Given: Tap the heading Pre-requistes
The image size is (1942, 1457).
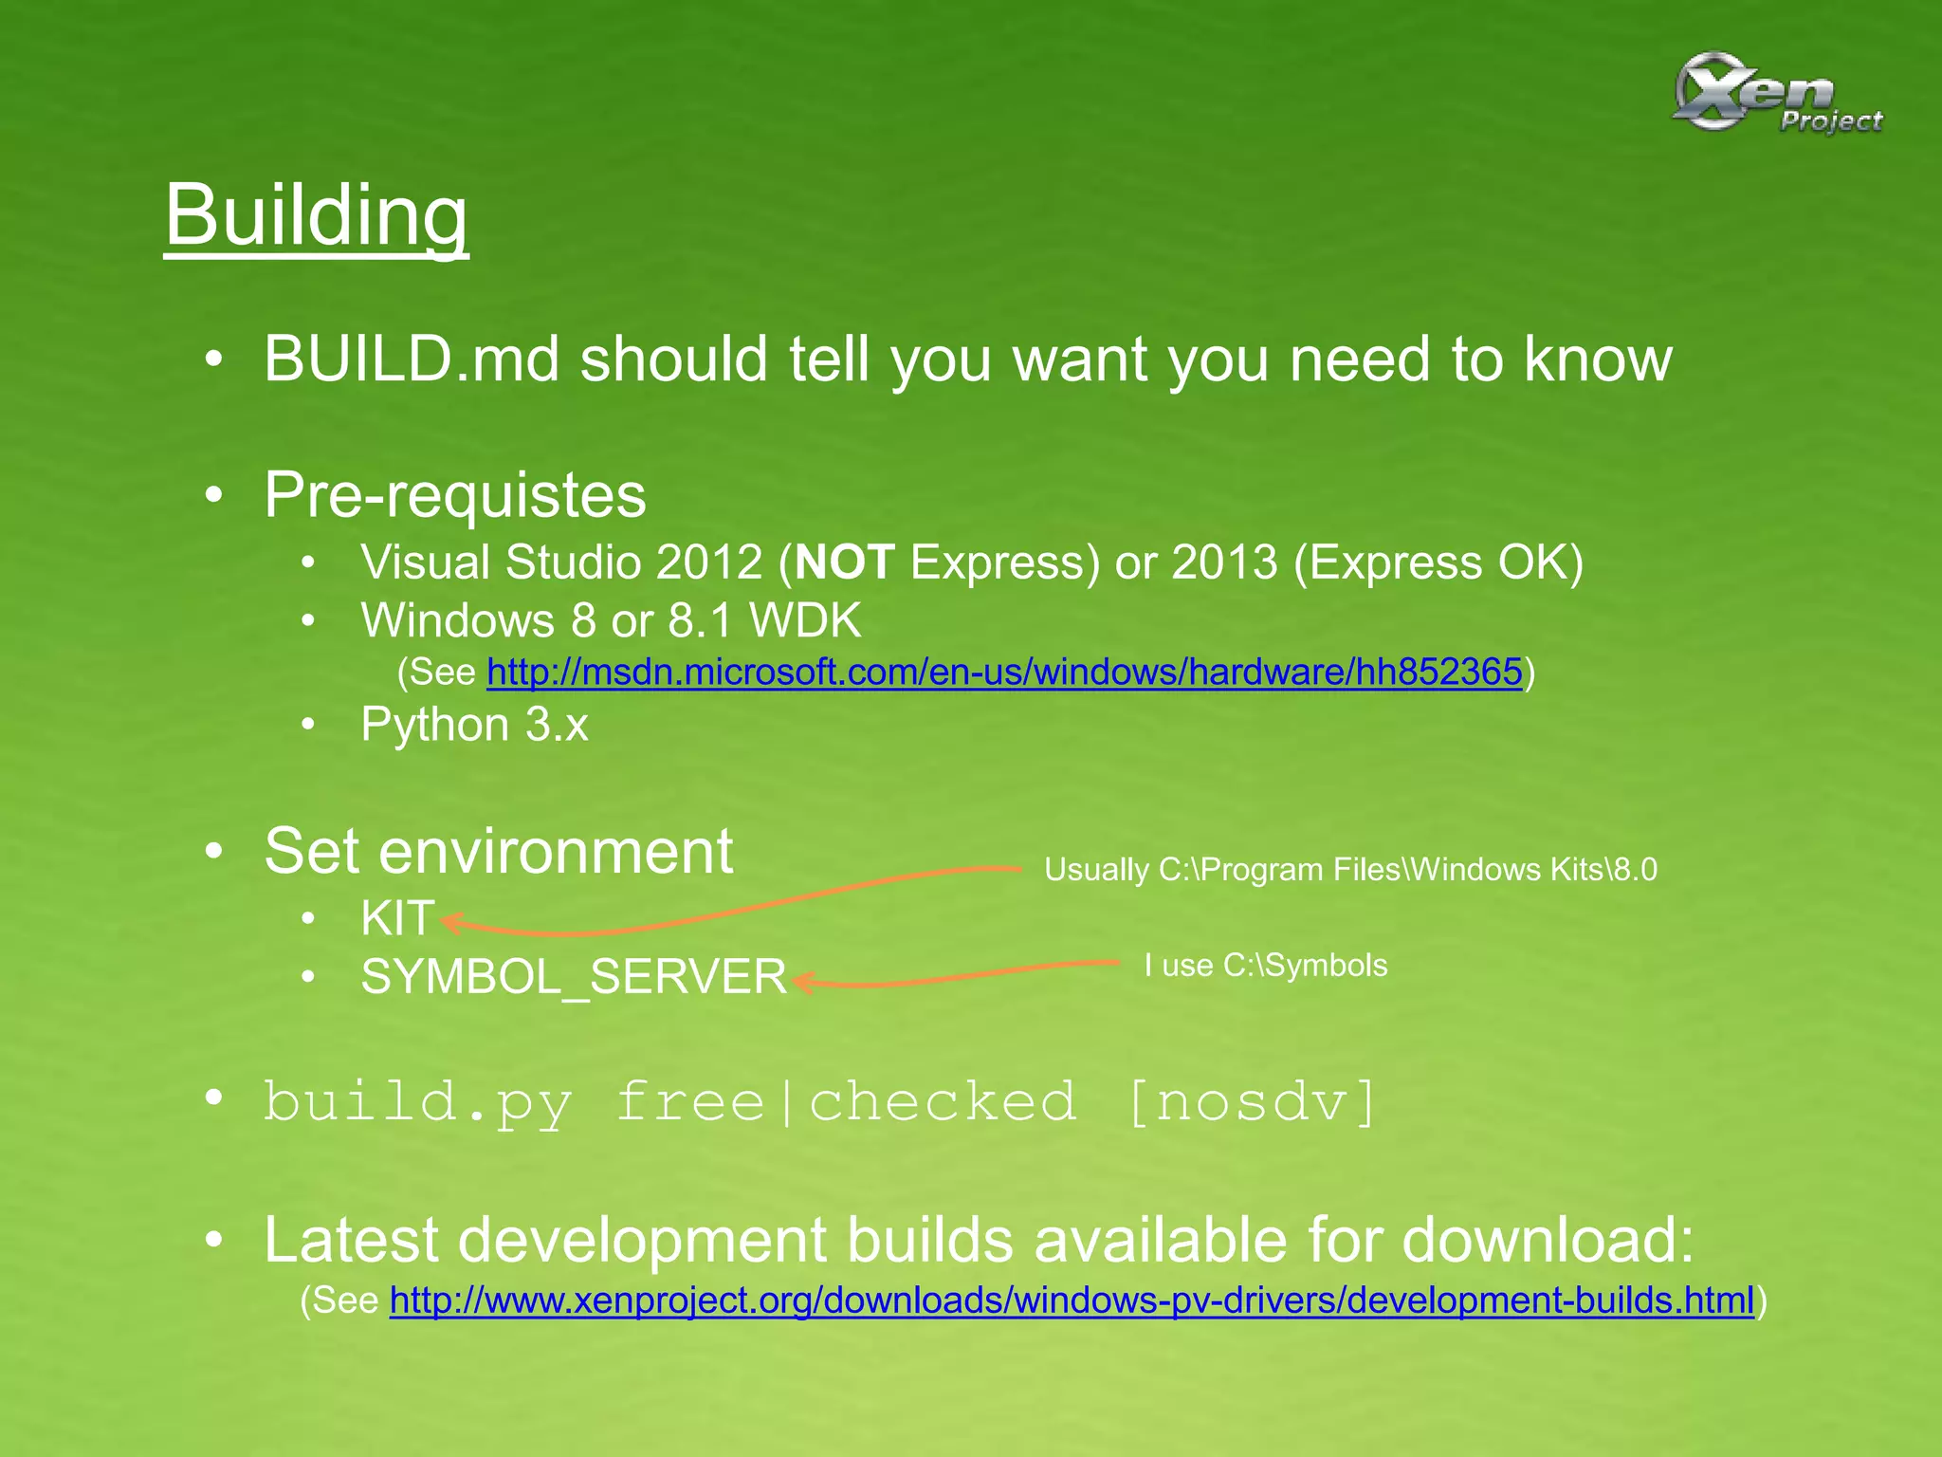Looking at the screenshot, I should click(455, 494).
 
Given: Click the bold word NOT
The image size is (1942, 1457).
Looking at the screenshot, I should click(845, 563).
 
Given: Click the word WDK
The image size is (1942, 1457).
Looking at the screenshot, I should click(805, 621).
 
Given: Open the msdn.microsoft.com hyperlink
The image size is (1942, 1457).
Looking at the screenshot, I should click(1004, 672).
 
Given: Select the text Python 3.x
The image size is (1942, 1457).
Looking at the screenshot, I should click(474, 726).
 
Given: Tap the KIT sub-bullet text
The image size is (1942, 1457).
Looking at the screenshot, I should click(397, 918).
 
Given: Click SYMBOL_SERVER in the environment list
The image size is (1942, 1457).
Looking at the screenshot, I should click(574, 976).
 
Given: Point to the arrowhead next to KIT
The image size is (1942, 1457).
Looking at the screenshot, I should click(451, 922).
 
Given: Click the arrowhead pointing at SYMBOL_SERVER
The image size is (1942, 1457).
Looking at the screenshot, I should click(804, 982).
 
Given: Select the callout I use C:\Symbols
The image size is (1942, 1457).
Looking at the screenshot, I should click(1265, 966).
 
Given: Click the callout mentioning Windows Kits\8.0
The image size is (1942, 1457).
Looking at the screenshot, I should click(1350, 869).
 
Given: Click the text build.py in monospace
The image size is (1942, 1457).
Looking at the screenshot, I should click(418, 1102).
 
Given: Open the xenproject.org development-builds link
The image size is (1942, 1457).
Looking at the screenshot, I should click(1072, 1300).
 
